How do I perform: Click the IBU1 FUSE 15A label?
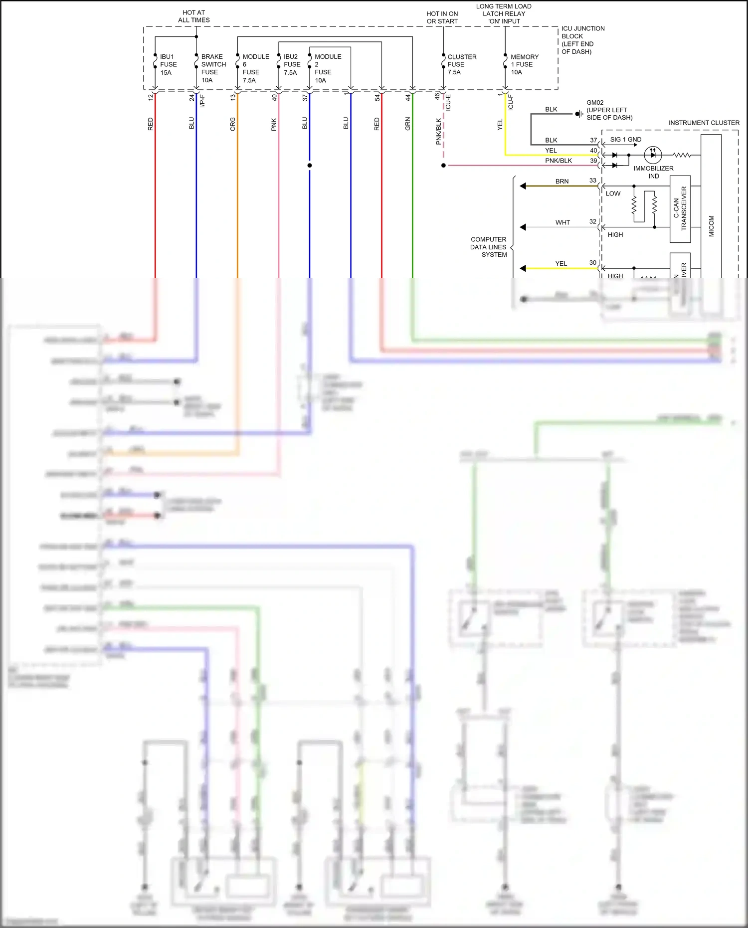(x=168, y=64)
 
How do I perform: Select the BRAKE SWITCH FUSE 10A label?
(x=213, y=68)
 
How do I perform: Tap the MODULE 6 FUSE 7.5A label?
(x=255, y=68)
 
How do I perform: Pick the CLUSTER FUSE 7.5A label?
(x=461, y=64)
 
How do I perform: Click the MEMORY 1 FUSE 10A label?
(x=524, y=64)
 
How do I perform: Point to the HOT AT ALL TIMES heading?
(x=194, y=16)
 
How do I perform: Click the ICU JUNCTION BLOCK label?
(x=582, y=40)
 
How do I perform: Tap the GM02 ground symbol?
(x=578, y=114)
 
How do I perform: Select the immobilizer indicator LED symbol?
(x=653, y=155)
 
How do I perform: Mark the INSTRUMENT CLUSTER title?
(x=704, y=123)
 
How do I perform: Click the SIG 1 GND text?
(x=625, y=140)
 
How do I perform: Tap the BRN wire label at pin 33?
(x=561, y=182)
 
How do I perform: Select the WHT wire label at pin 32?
(x=562, y=222)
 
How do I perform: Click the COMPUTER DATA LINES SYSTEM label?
(x=488, y=247)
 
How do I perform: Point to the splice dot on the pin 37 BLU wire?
(x=310, y=166)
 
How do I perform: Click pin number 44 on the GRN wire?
(x=407, y=98)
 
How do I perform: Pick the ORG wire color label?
(x=232, y=124)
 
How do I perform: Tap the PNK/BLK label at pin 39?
(x=558, y=161)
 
